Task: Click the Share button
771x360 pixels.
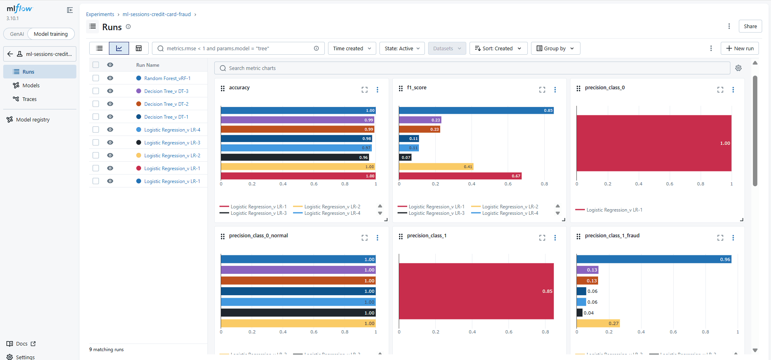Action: click(750, 27)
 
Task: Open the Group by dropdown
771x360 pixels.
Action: click(555, 49)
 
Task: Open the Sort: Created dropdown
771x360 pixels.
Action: click(498, 49)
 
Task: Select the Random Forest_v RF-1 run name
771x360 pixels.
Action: click(167, 78)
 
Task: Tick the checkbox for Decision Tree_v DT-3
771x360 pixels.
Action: click(96, 91)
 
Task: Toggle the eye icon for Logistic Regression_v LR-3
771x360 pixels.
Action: click(110, 142)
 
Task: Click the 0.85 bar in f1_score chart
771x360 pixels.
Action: click(476, 111)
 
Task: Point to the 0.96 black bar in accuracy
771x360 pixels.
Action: click(294, 157)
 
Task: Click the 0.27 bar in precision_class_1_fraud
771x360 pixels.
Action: click(598, 323)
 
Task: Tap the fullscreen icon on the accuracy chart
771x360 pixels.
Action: click(364, 90)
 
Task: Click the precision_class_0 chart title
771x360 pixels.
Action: click(605, 88)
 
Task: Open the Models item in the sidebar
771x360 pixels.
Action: click(31, 86)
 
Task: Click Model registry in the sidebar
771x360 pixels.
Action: click(33, 120)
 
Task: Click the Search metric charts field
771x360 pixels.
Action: click(472, 68)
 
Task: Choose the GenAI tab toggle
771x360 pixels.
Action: click(17, 34)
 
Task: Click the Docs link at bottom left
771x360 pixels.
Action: click(22, 344)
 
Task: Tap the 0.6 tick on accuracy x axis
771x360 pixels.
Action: click(314, 184)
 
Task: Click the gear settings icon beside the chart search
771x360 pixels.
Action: click(738, 68)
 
